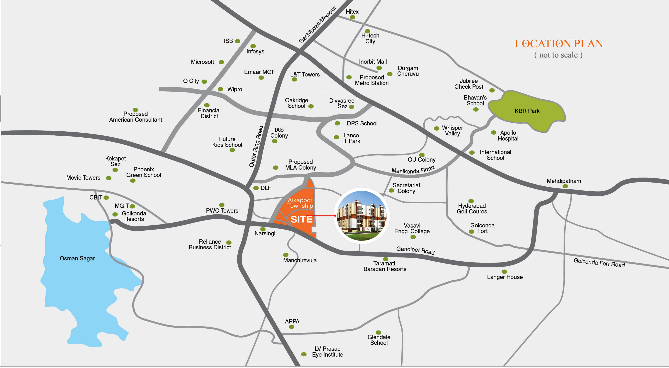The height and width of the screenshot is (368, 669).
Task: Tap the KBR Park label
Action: pyautogui.click(x=527, y=111)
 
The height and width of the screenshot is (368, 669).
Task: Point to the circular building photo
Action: pyautogui.click(x=361, y=215)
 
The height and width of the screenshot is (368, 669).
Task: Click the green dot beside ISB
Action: pyautogui.click(x=237, y=41)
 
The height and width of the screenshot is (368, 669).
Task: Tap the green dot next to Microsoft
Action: pyautogui.click(x=221, y=62)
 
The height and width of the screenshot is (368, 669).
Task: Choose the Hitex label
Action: pyautogui.click(x=352, y=12)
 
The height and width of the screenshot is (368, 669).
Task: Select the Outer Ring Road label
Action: pyautogui.click(x=256, y=146)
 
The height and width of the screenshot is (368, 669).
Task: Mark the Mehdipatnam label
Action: pyautogui.click(x=564, y=181)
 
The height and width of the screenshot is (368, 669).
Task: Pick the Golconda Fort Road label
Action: pyautogui.click(x=599, y=263)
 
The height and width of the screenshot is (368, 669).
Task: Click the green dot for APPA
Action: pyautogui.click(x=292, y=327)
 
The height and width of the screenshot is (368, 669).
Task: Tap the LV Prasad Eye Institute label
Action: pyautogui.click(x=328, y=352)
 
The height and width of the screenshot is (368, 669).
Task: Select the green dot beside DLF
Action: pyautogui.click(x=256, y=188)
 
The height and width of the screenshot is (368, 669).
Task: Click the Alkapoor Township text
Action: pyautogui.click(x=300, y=203)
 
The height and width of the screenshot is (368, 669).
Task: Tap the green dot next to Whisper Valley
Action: pyautogui.click(x=437, y=128)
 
